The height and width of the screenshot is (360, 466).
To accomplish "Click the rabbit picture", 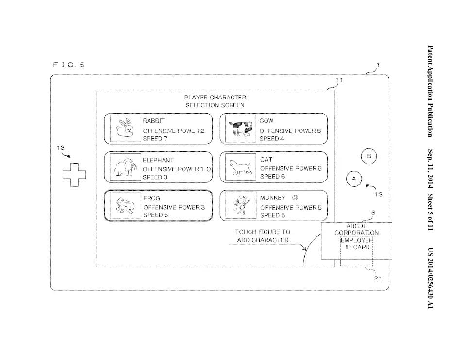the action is (x=125, y=128).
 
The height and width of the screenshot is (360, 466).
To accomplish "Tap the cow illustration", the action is (x=241, y=128).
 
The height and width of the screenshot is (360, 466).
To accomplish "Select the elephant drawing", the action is (x=125, y=167).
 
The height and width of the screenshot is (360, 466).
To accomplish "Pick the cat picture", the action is (x=240, y=166).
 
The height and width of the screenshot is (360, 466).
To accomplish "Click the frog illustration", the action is (x=125, y=206).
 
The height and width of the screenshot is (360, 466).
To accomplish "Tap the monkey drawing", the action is (x=241, y=205).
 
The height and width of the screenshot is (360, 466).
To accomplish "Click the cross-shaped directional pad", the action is (x=74, y=175).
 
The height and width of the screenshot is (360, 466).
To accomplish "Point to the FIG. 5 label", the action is (x=68, y=65).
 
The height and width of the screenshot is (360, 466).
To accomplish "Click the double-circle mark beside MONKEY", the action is (x=295, y=197).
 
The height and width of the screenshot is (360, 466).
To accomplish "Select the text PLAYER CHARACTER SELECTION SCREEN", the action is (x=215, y=101).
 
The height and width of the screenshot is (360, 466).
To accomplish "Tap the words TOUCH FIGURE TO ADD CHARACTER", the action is (x=263, y=236).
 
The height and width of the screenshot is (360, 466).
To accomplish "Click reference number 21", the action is (x=378, y=278).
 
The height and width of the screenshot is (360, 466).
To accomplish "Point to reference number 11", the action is (x=339, y=80).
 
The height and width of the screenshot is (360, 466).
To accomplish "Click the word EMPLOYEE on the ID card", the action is (x=357, y=240).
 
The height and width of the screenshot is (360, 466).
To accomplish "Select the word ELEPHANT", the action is (x=158, y=160).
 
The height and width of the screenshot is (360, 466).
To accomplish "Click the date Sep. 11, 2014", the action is (x=430, y=168).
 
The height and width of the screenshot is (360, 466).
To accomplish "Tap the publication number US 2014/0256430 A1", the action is (x=430, y=278).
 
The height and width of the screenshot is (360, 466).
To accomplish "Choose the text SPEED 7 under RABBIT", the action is (x=155, y=138).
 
